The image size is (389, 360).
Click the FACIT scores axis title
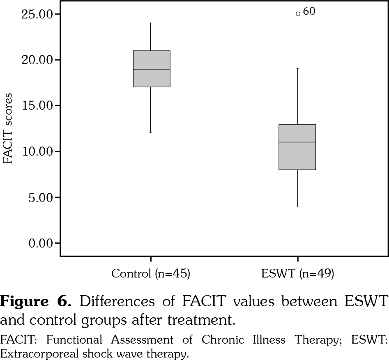[x=8, y=128]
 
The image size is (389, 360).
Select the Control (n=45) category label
[x=150, y=274]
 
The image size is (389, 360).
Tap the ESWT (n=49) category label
[x=297, y=274]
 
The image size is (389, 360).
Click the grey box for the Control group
[x=152, y=78]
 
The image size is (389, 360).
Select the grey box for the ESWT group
[x=297, y=156]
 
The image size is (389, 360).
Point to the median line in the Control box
[x=152, y=69]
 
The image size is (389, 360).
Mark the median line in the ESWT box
[x=297, y=142]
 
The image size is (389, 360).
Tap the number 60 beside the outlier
[x=309, y=12]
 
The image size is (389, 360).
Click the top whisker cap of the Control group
[x=151, y=23]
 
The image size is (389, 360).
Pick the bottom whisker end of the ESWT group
[x=297, y=207]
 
